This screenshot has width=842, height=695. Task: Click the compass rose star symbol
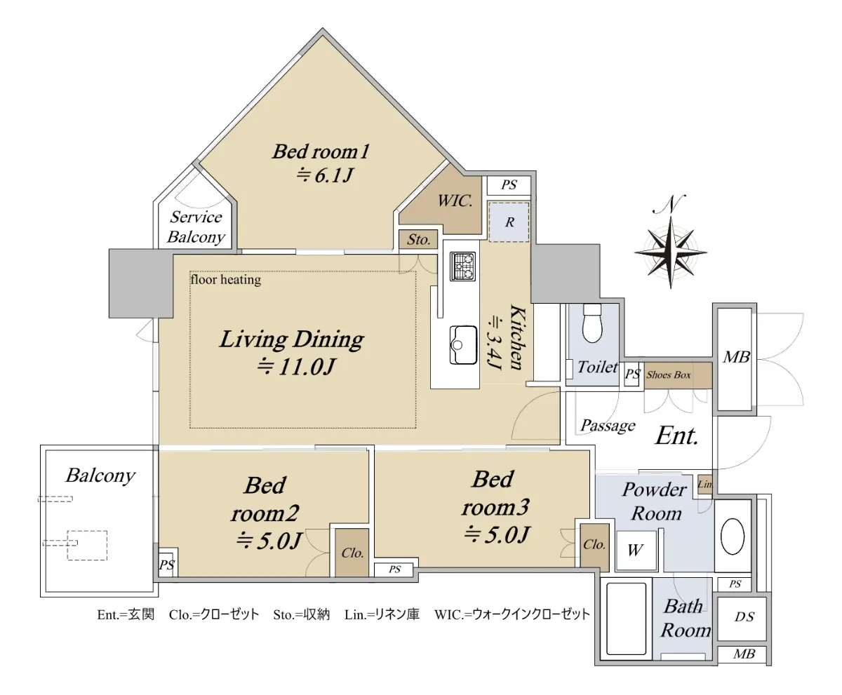pos(670,252)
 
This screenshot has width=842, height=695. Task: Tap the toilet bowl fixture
pos(592,323)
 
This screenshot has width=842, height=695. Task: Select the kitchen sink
pos(463,345)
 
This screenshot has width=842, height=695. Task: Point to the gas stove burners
pos(462,266)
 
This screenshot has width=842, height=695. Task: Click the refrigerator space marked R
pos(509,222)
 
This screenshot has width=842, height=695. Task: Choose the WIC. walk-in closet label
pos(455,201)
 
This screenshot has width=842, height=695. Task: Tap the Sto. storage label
pos(419,239)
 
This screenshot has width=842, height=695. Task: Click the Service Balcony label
pos(196,227)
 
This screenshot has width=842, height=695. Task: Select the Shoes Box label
pos(669,375)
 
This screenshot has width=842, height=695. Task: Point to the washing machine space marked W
pos(635,550)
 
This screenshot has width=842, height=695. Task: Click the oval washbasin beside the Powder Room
pos(733,537)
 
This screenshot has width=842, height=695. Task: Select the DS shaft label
pos(744,616)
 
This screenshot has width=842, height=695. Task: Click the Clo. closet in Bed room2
pos(352,553)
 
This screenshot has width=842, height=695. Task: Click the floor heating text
pos(226,279)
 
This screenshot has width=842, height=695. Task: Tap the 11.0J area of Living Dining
pos(296,366)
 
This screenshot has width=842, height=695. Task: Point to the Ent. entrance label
pos(676,436)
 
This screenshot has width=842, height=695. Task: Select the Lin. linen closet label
pos(705,484)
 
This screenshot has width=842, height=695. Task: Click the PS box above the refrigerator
pos(509,185)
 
